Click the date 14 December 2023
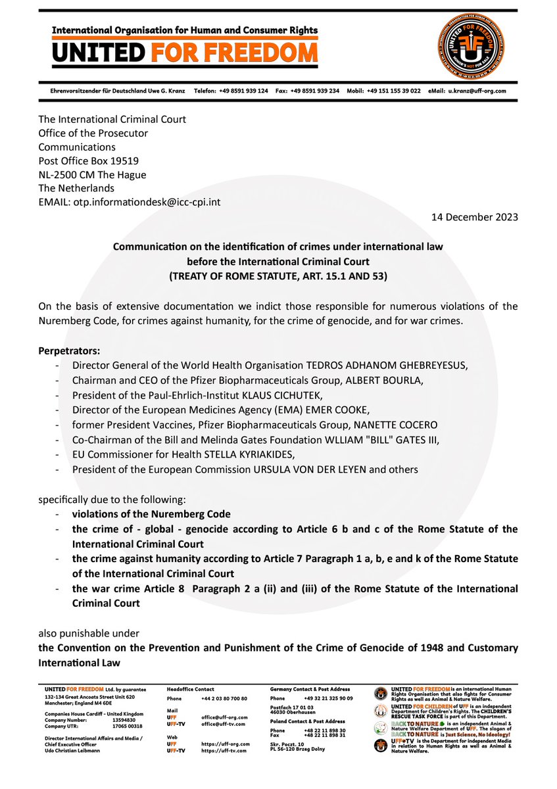tap(475, 217)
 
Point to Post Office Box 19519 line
tap(88, 160)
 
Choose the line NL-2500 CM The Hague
tap(92, 174)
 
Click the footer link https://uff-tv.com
tap(224, 750)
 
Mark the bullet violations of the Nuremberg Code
tap(151, 514)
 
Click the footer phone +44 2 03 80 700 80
tap(224, 698)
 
